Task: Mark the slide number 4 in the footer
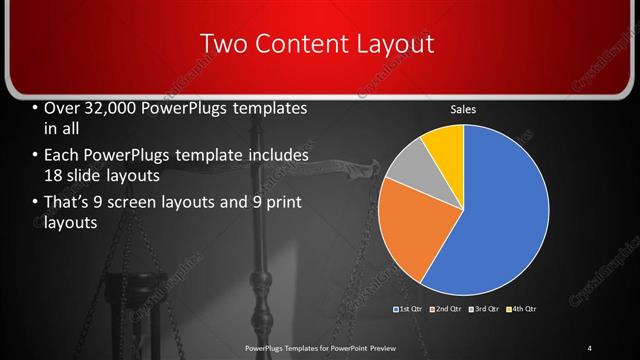(589, 347)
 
